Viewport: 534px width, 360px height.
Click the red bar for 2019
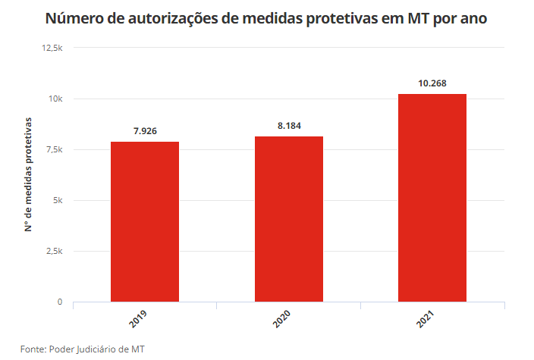[145, 221]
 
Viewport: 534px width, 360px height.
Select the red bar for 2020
[289, 219]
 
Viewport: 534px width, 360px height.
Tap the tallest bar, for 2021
[432, 198]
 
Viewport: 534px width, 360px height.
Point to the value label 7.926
[145, 131]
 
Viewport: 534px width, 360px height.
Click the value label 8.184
[289, 126]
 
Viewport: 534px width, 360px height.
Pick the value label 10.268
[432, 83]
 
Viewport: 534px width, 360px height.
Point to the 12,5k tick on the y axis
[52, 48]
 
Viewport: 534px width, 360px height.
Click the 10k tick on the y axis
[56, 99]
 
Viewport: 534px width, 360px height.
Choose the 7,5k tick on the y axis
[55, 149]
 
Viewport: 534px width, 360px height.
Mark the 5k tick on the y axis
[58, 200]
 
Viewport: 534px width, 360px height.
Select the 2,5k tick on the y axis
[55, 251]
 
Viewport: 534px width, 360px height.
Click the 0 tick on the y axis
[60, 302]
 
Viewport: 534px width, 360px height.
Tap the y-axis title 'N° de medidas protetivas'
[28, 174]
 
